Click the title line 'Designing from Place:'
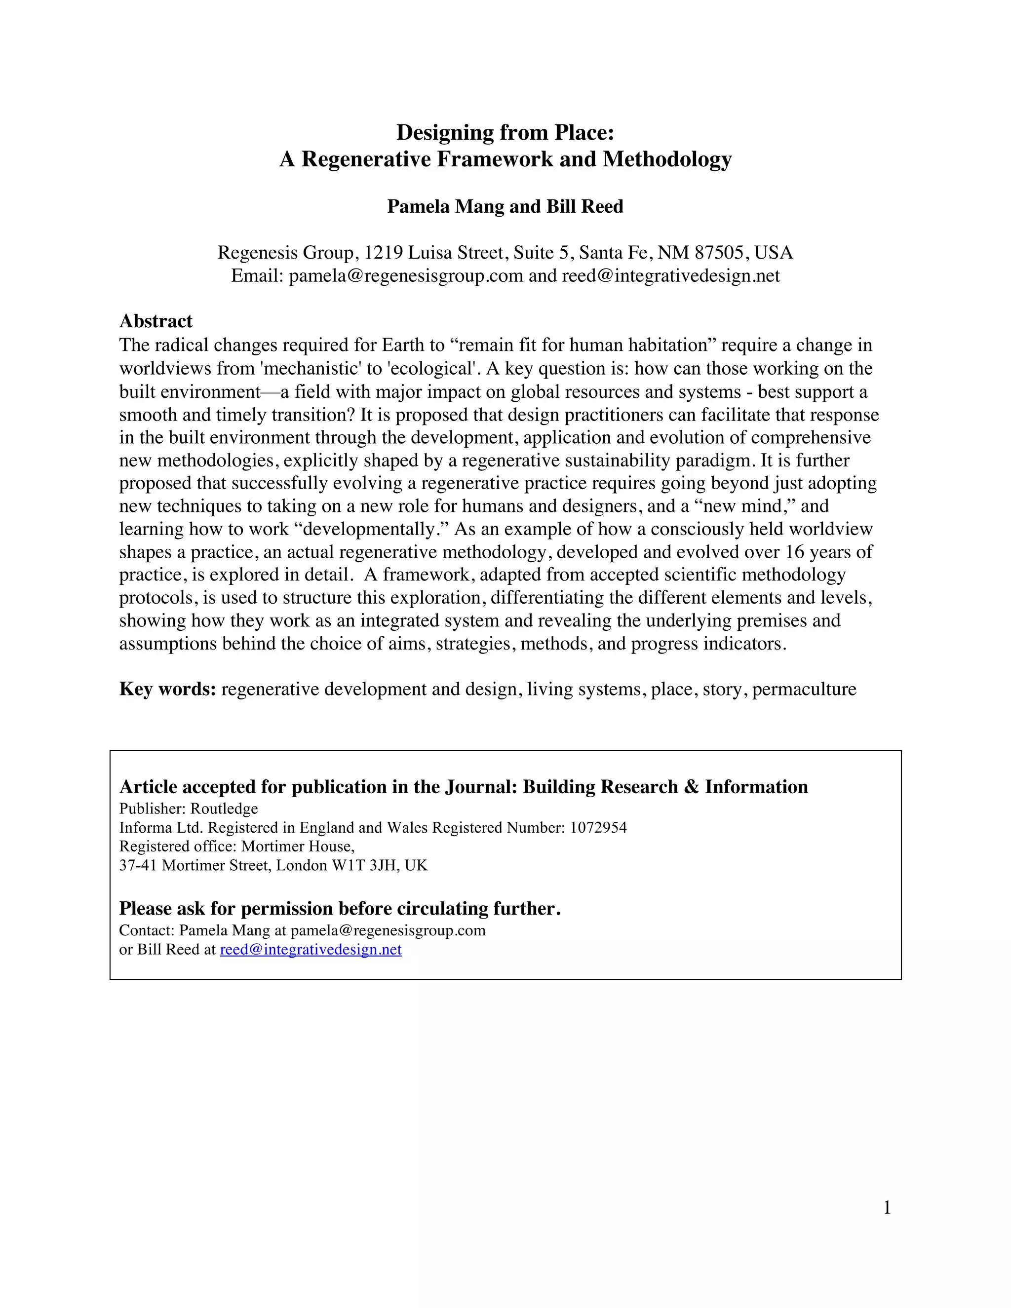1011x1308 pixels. pos(505,132)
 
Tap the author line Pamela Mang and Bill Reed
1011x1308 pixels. pos(505,207)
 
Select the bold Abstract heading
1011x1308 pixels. pos(156,322)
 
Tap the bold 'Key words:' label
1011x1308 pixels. pos(167,690)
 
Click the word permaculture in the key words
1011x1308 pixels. pos(804,690)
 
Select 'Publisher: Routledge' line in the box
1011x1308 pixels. pos(188,808)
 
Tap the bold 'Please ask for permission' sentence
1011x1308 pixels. pos(340,909)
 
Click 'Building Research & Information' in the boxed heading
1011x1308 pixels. pos(665,787)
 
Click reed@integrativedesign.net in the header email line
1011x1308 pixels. pos(670,276)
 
